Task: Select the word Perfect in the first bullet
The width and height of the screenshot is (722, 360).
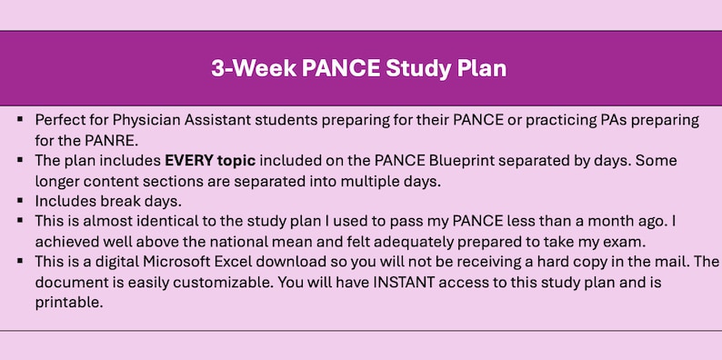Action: [x=61, y=120]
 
